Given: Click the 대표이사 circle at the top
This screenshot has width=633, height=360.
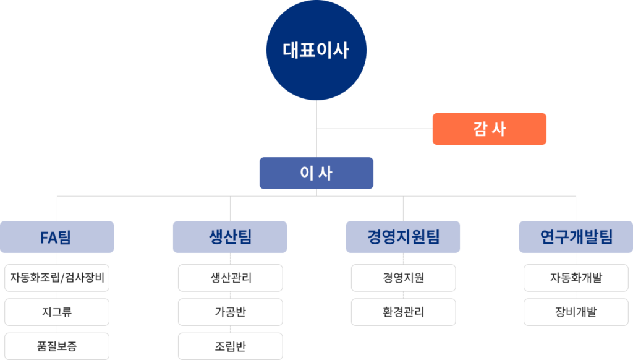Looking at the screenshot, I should click(316, 50).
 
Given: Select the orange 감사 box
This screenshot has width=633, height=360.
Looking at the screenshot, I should click(489, 129).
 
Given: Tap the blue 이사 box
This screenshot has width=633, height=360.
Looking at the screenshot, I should click(316, 173).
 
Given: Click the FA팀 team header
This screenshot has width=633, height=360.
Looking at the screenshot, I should click(57, 237).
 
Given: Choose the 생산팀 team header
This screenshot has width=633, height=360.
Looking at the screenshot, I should click(230, 237).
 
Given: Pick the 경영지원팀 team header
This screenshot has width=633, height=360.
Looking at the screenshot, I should click(403, 237).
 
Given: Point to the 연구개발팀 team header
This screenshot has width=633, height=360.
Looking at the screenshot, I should click(576, 237).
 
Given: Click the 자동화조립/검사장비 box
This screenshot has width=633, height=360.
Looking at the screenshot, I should click(57, 278).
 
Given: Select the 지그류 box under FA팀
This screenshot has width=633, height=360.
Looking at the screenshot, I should click(57, 312).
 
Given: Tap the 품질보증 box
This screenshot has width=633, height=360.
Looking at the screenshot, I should click(57, 346).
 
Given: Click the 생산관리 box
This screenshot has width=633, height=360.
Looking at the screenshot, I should click(230, 278).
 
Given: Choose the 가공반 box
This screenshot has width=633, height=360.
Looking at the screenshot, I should click(230, 312).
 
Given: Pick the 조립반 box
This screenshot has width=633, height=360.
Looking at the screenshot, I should click(230, 346).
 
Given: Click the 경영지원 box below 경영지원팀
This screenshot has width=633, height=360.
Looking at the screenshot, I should click(403, 278).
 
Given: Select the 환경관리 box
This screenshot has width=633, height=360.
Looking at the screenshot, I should click(403, 312).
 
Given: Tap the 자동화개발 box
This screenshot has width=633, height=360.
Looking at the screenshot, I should click(576, 278).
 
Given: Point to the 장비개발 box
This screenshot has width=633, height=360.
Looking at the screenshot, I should click(576, 312).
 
